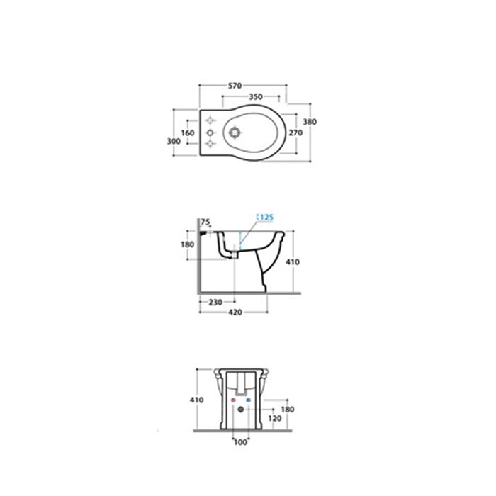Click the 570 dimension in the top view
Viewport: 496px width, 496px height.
pyautogui.click(x=235, y=86)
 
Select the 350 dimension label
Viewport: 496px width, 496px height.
pyautogui.click(x=256, y=97)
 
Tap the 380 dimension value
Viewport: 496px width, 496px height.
pyautogui.click(x=310, y=122)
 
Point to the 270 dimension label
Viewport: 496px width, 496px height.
pyautogui.click(x=295, y=133)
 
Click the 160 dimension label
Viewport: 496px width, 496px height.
pyautogui.click(x=188, y=133)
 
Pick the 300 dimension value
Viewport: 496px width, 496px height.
pyautogui.click(x=174, y=142)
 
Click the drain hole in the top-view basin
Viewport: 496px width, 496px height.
pyautogui.click(x=235, y=133)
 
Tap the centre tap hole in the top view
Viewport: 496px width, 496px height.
pyautogui.click(x=210, y=133)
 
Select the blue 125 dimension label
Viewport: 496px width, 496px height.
pyautogui.click(x=266, y=218)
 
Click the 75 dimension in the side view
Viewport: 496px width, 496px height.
pyautogui.click(x=205, y=222)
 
